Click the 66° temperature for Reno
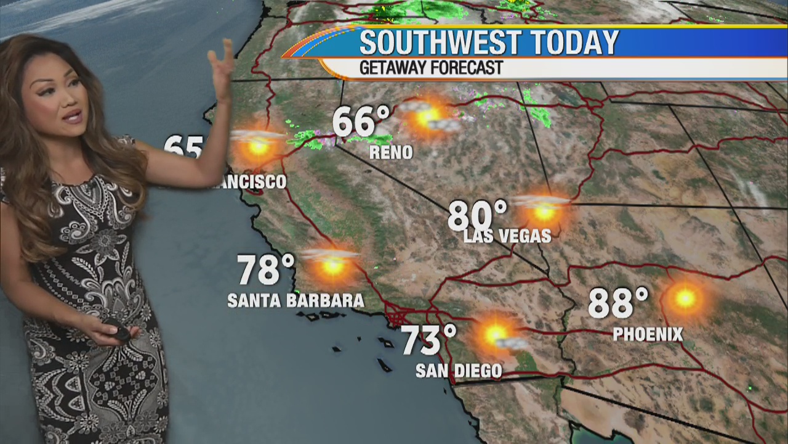[x=361, y=121]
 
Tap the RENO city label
[x=391, y=153]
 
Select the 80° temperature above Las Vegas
[x=477, y=216]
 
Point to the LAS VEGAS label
[x=507, y=236]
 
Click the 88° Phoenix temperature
[x=618, y=303]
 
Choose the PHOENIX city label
[x=648, y=335]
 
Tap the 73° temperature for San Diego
[x=429, y=340]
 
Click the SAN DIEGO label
[x=459, y=371]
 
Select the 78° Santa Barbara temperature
[x=266, y=269]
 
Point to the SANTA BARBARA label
[x=295, y=301]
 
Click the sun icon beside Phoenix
[x=685, y=298]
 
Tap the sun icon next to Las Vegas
[x=544, y=212]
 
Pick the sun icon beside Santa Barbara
[x=333, y=265]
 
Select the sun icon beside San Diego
[x=496, y=335]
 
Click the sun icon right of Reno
[x=428, y=115]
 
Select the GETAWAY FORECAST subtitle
[x=431, y=68]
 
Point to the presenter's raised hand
[x=220, y=62]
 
